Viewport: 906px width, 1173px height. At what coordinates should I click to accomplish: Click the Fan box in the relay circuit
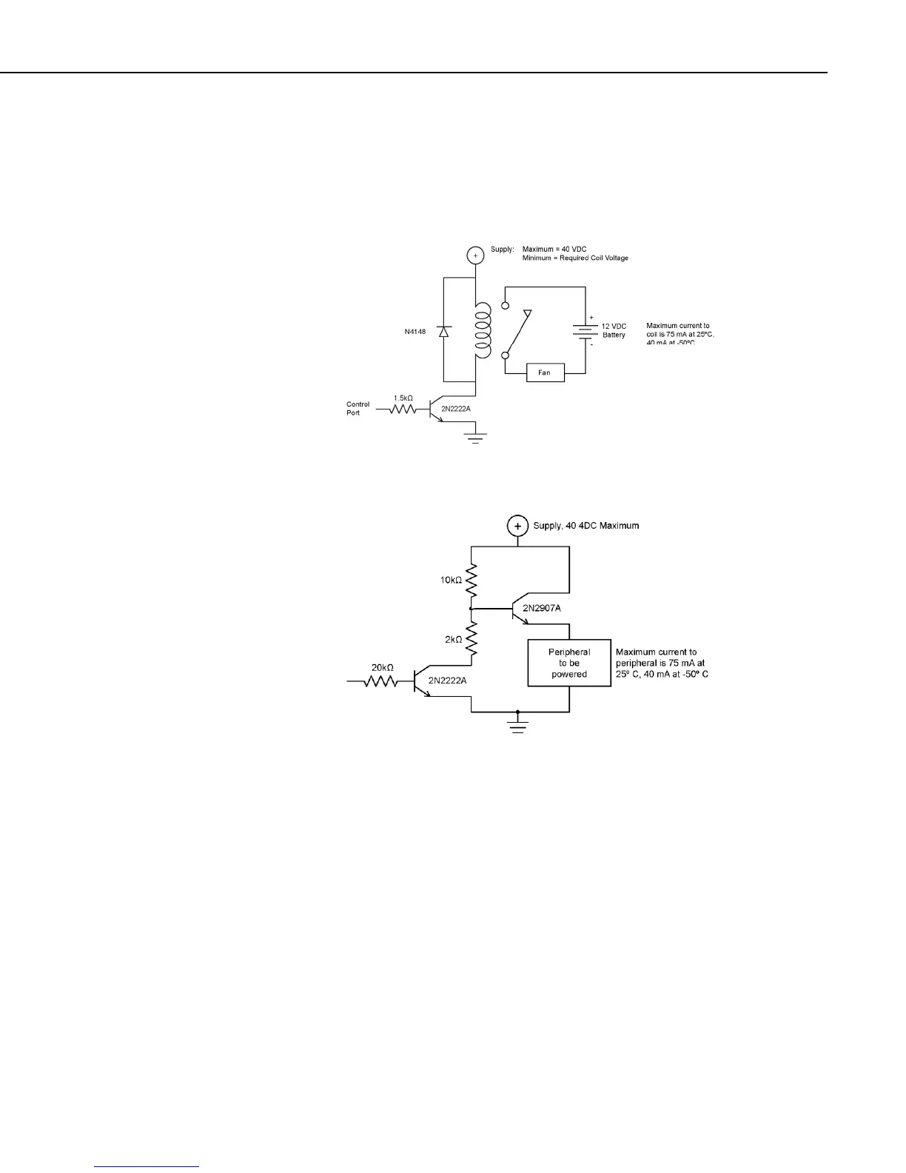pyautogui.click(x=545, y=372)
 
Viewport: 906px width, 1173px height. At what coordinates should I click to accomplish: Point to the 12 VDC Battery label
pyautogui.click(x=614, y=330)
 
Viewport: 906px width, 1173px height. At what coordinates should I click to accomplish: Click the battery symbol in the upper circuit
pyautogui.click(x=585, y=331)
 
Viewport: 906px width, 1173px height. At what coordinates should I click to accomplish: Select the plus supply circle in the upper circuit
pyautogui.click(x=475, y=255)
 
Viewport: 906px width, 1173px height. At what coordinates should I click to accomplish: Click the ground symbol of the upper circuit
pyautogui.click(x=475, y=438)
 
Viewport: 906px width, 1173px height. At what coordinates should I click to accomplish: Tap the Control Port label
pyautogui.click(x=358, y=409)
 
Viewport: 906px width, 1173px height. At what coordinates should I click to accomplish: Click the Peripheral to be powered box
pyautogui.click(x=568, y=664)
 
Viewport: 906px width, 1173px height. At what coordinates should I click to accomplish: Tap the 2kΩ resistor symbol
pyautogui.click(x=472, y=638)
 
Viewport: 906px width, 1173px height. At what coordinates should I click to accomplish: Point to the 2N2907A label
pyautogui.click(x=542, y=608)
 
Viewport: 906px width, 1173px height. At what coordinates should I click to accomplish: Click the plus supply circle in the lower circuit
pyautogui.click(x=517, y=526)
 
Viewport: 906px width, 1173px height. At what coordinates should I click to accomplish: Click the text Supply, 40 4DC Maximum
pyautogui.click(x=586, y=526)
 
